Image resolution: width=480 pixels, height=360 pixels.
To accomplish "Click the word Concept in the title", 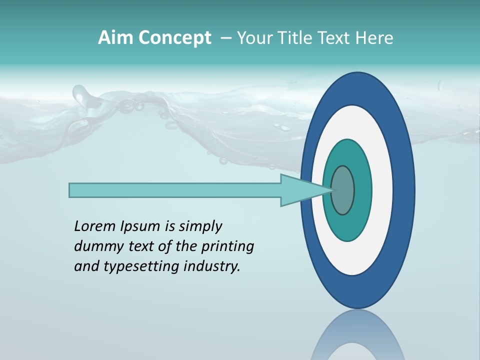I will tap(174, 38).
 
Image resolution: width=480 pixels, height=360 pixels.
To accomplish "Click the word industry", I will tap(212, 266).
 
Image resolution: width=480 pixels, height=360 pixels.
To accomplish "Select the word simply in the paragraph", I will tap(200, 227).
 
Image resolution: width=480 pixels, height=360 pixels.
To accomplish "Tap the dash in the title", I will tap(225, 38).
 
